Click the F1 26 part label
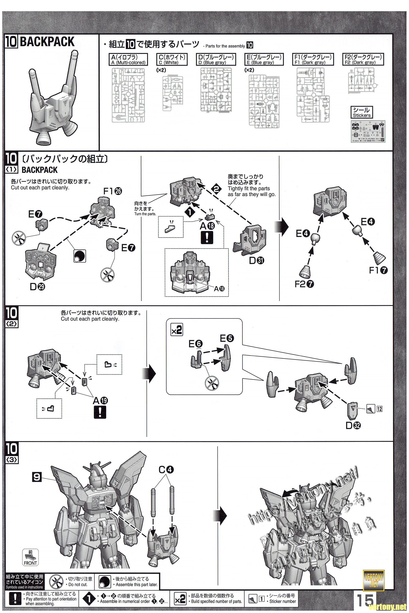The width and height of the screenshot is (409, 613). click(112, 191)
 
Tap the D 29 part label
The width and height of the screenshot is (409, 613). click(37, 287)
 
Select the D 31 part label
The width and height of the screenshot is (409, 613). click(257, 260)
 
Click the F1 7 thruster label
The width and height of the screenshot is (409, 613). click(378, 270)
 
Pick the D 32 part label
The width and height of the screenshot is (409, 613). click(353, 426)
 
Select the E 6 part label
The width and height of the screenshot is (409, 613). click(196, 344)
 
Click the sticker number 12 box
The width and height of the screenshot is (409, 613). click(379, 409)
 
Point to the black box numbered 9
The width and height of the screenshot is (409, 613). click(37, 477)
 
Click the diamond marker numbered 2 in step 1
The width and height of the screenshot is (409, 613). click(216, 189)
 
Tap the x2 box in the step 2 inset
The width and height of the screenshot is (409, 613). click(177, 331)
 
